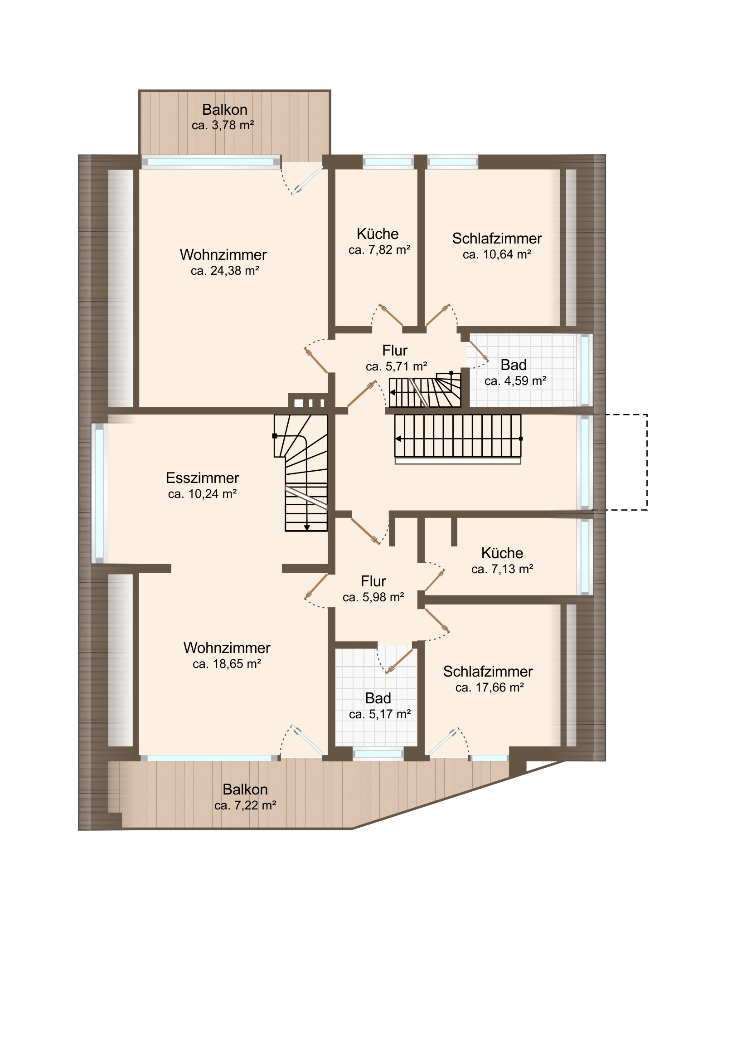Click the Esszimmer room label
click(203, 478)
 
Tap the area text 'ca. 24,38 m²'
click(225, 271)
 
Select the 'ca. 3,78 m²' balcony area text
click(223, 125)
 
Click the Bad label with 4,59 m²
click(514, 365)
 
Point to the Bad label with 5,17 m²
click(378, 698)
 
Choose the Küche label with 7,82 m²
click(378, 234)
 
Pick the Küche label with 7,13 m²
click(502, 553)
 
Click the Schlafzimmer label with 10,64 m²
click(497, 239)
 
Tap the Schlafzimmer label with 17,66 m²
click(488, 672)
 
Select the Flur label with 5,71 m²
click(395, 351)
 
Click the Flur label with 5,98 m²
click(373, 581)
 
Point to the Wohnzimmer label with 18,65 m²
click(227, 648)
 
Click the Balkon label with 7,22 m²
click(245, 790)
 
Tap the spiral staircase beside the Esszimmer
click(301, 473)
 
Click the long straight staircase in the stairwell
click(458, 436)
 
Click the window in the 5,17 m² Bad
click(378, 755)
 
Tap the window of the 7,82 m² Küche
click(388, 162)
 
